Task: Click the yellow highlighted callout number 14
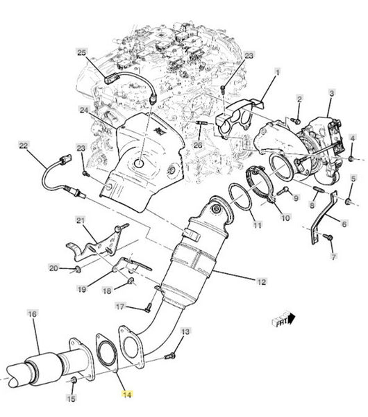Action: pos(127,395)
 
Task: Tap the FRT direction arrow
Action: pos(283,320)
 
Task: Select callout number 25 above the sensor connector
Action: pos(82,52)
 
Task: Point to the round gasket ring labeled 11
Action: pos(240,197)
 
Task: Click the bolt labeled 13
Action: pos(169,356)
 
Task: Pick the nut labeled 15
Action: pos(74,380)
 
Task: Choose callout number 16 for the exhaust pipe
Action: pos(32,314)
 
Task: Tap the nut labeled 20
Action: pos(78,270)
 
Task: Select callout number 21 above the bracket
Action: pos(81,220)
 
